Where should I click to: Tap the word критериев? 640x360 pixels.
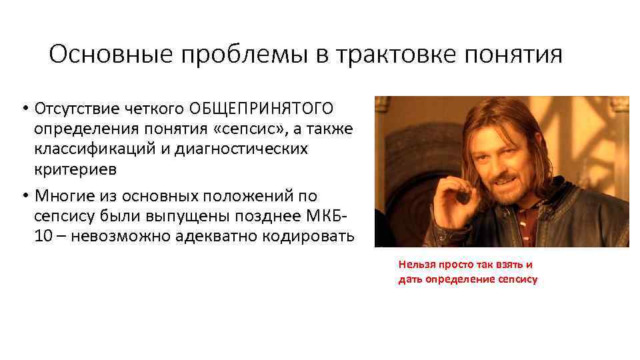click(75, 169)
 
